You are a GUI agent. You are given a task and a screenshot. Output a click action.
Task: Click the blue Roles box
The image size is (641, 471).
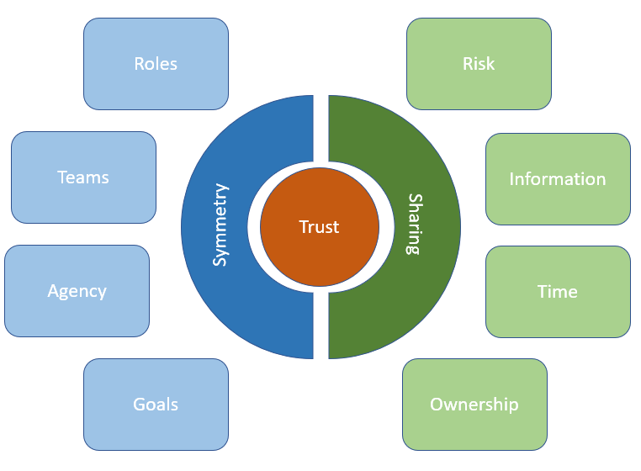pos(156,64)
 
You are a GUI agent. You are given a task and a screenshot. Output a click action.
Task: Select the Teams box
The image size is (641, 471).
pos(83,177)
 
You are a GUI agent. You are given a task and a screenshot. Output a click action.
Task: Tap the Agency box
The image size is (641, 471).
pos(77,291)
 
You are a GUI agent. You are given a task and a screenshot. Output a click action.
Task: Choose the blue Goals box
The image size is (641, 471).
pos(156,405)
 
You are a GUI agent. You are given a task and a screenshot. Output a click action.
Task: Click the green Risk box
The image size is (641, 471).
pos(479,64)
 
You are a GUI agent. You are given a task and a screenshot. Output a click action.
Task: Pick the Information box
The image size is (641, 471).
pos(558,179)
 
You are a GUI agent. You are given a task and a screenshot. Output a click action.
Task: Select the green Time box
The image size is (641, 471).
pos(558,292)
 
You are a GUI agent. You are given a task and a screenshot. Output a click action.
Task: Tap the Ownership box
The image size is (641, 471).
pos(474,405)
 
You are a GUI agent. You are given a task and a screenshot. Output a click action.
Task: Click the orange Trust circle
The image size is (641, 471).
pos(320,227)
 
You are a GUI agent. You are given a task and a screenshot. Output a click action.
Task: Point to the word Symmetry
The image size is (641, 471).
pos(220,225)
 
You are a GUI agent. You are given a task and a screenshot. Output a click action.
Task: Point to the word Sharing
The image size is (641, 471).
pos(415,224)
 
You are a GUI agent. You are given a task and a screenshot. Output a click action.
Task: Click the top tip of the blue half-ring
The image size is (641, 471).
pos(313,96)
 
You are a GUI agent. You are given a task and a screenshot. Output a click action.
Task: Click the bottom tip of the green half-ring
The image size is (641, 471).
pos(329,358)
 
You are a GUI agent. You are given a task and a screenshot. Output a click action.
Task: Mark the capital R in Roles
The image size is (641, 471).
pos(139,64)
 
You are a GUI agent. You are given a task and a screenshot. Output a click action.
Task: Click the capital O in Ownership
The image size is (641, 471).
pos(437,405)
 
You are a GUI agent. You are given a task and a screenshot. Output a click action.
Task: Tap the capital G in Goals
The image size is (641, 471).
pos(140,405)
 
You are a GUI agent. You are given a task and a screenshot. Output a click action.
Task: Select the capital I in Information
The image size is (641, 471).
pos(511,179)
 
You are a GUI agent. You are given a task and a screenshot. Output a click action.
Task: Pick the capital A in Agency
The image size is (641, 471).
pos(54,291)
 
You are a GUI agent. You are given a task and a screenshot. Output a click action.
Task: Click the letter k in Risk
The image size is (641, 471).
pos(490,64)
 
